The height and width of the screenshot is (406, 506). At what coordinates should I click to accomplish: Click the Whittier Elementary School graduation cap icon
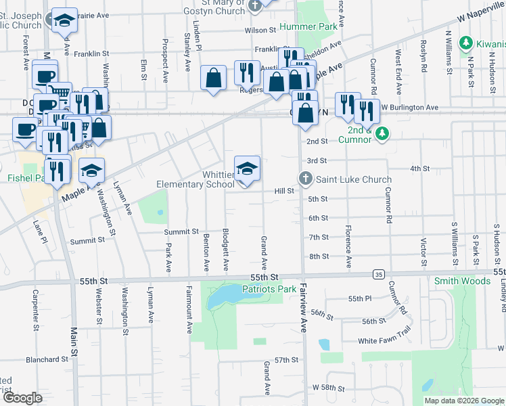pyautogui.click(x=247, y=169)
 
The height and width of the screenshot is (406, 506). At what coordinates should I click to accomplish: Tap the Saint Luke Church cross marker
pyautogui.click(x=305, y=179)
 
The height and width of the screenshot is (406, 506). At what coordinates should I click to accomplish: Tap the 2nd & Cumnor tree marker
pyautogui.click(x=382, y=133)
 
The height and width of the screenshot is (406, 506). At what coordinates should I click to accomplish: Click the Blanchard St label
pyautogui.click(x=47, y=360)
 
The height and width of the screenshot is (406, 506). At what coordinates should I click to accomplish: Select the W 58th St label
pyautogui.click(x=329, y=388)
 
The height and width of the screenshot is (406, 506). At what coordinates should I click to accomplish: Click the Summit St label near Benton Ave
pyautogui.click(x=181, y=232)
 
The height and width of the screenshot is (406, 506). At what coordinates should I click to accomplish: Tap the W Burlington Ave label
pyautogui.click(x=409, y=108)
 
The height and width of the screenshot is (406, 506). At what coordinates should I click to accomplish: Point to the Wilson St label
pyautogui.click(x=260, y=30)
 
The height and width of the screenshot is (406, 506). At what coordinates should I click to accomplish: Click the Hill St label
pyautogui.click(x=283, y=191)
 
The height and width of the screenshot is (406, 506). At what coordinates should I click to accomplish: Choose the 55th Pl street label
pyautogui.click(x=360, y=298)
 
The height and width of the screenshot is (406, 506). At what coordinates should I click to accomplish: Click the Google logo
pyautogui.click(x=22, y=398)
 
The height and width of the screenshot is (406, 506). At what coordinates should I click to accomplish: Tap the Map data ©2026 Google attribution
pyautogui.click(x=463, y=401)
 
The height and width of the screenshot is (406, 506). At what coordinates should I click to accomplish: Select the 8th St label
pyautogui.click(x=318, y=256)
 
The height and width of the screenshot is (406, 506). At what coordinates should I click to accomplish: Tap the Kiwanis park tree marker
pyautogui.click(x=465, y=45)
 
